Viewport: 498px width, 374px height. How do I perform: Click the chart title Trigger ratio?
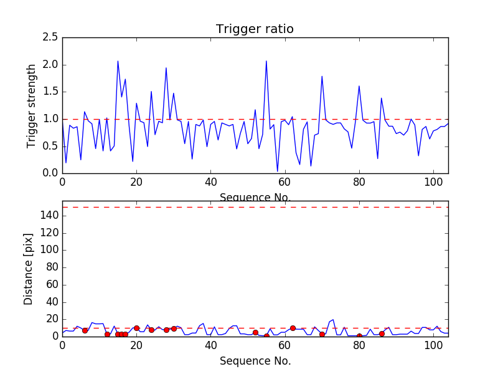click(x=255, y=29)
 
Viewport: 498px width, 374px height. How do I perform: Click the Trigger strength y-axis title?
click(x=32, y=105)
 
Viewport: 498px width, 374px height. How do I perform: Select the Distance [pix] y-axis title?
click(x=29, y=269)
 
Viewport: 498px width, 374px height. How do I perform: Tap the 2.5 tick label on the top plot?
click(x=50, y=37)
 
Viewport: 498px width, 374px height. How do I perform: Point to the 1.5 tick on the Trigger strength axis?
click(x=50, y=92)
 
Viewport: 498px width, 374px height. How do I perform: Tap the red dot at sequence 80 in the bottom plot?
click(x=359, y=336)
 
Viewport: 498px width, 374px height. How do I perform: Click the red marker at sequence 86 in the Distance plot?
click(x=382, y=333)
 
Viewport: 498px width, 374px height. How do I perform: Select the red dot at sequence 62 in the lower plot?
click(x=293, y=328)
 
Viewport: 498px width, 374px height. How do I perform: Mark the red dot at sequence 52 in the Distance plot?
click(x=255, y=332)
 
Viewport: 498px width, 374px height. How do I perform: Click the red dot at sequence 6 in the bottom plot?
click(x=85, y=330)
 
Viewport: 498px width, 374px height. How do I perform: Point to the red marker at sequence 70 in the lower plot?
click(x=322, y=334)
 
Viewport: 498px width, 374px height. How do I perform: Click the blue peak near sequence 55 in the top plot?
click(x=266, y=61)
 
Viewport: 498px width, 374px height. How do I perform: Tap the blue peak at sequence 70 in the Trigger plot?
click(x=322, y=77)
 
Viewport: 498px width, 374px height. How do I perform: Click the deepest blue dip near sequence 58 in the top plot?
click(x=278, y=171)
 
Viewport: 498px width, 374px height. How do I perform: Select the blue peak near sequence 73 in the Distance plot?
click(x=333, y=320)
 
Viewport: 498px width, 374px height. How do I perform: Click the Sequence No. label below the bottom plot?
click(x=255, y=361)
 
